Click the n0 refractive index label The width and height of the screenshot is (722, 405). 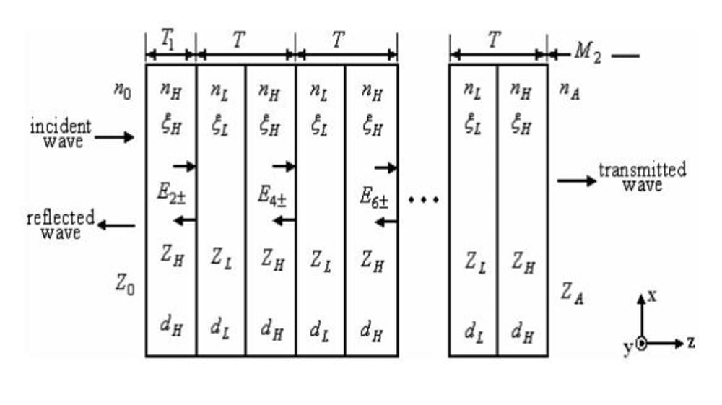pyautogui.click(x=122, y=91)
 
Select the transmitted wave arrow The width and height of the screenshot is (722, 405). pyautogui.click(x=577, y=180)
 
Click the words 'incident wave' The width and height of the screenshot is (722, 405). pyautogui.click(x=61, y=134)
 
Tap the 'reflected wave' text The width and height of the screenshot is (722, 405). pyautogui.click(x=61, y=225)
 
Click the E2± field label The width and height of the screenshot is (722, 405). pyautogui.click(x=170, y=195)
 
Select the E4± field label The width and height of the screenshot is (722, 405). pyautogui.click(x=272, y=196)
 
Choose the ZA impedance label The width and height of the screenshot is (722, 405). pyautogui.click(x=572, y=292)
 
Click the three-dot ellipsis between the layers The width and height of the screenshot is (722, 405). pyautogui.click(x=423, y=199)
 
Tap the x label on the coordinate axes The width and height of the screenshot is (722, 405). pyautogui.click(x=652, y=297)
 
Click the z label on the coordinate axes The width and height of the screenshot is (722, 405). pyautogui.click(x=691, y=343)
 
